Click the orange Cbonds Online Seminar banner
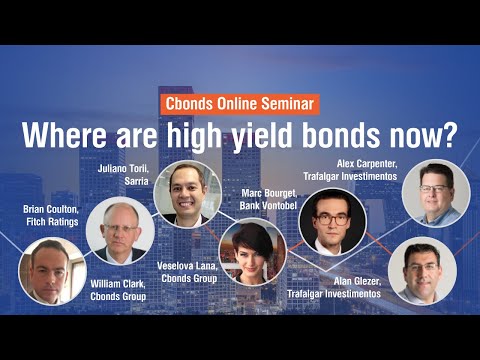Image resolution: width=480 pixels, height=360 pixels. (239, 103)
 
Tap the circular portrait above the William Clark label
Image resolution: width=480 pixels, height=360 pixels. (120, 230)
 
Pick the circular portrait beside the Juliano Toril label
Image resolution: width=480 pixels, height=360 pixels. (187, 190)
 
